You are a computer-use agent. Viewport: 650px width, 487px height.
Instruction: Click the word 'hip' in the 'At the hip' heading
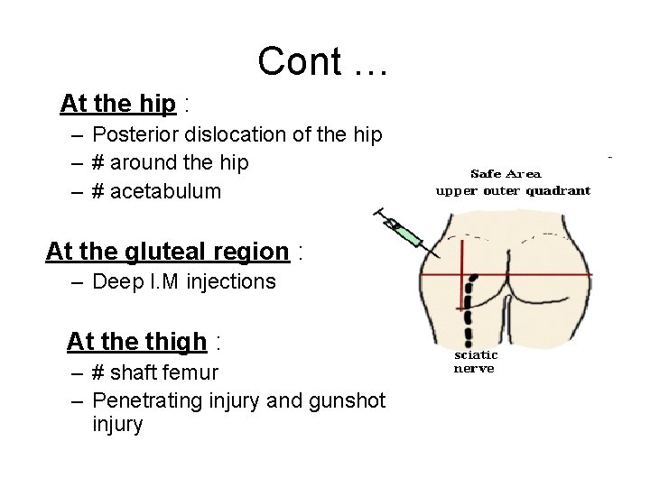[159, 104]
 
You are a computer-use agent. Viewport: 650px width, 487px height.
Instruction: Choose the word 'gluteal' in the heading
[157, 251]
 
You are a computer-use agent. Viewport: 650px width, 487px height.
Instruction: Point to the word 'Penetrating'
[145, 400]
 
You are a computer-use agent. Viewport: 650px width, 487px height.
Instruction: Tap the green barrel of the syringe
[408, 237]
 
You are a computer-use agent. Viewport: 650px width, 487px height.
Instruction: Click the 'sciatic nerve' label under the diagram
[475, 362]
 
